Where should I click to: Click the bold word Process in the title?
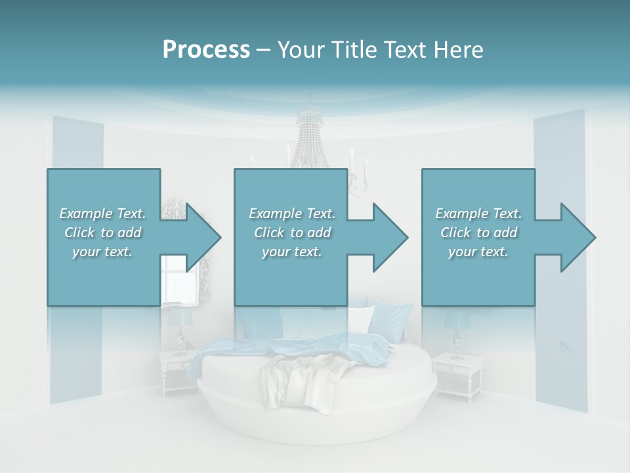pos(206,49)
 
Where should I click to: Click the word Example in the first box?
pos(85,214)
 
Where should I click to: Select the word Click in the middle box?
pos(268,233)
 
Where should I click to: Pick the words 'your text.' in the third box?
pos(478,252)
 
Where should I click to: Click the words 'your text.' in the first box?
pos(102,252)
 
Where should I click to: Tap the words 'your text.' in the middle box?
pos(292,252)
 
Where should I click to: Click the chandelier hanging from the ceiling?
pos(312,141)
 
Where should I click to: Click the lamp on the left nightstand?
pos(178,328)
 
